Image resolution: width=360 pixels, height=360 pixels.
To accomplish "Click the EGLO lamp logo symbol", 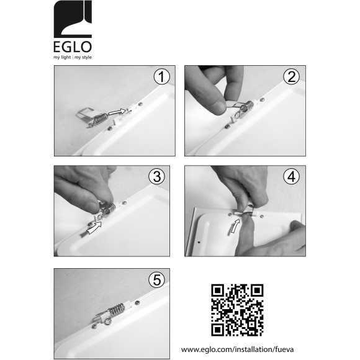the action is [x=73, y=19].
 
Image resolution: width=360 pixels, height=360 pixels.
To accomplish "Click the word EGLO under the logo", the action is [x=73, y=47].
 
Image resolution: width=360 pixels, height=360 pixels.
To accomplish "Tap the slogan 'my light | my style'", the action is [x=73, y=57].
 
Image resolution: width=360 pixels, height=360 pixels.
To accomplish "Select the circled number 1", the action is [x=161, y=77].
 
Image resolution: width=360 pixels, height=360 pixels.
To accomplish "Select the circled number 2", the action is [x=291, y=77].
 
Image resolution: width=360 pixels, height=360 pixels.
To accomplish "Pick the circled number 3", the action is [x=157, y=176].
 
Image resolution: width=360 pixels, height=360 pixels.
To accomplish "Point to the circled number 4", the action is [x=291, y=176].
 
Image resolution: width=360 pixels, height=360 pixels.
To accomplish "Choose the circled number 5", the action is [x=157, y=280].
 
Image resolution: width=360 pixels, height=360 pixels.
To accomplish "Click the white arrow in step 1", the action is [x=117, y=112].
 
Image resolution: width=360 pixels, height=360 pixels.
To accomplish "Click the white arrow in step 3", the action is [x=94, y=227].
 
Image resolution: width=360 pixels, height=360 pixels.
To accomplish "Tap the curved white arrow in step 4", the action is [x=235, y=227].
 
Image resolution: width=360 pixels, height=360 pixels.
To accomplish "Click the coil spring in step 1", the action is [x=101, y=119].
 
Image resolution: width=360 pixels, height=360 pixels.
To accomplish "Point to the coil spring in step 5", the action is [x=117, y=309].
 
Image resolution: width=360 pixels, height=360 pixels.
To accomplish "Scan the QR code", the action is [x=237, y=310].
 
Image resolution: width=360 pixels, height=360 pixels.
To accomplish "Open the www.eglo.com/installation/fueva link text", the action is [x=237, y=349].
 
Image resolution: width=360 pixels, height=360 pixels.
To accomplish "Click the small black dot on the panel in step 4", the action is [x=199, y=242].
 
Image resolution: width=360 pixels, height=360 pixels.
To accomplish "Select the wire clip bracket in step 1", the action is [x=85, y=114].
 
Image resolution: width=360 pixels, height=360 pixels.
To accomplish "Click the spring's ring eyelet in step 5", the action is [x=107, y=322].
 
